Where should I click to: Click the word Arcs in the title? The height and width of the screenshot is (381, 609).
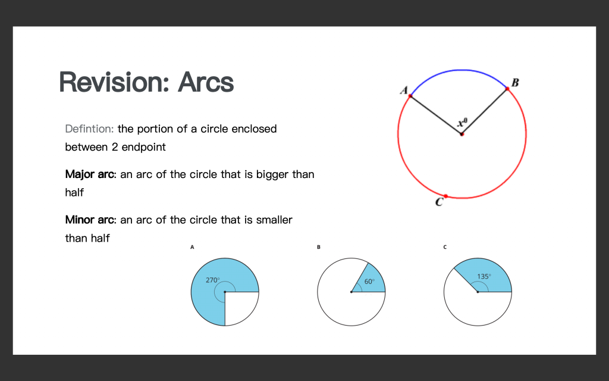(x=206, y=82)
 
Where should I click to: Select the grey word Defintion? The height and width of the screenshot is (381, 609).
(x=89, y=129)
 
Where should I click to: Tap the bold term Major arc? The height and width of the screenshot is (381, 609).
(x=90, y=174)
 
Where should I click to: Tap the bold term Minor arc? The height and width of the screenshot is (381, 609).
(x=90, y=220)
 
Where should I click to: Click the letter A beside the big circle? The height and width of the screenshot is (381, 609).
(x=404, y=90)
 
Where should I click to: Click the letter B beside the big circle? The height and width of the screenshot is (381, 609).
(x=515, y=82)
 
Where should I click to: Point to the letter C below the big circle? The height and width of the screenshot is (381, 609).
(x=439, y=202)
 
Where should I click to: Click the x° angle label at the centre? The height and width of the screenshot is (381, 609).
(x=462, y=123)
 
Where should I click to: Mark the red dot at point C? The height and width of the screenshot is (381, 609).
(x=445, y=196)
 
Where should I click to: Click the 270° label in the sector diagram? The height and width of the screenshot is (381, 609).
(x=212, y=280)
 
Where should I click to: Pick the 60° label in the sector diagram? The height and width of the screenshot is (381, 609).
(x=369, y=282)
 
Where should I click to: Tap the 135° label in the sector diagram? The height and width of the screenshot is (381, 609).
(x=484, y=276)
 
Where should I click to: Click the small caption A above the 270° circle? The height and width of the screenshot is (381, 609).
(x=192, y=247)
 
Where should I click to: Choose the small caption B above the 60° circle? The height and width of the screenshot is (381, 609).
(x=319, y=247)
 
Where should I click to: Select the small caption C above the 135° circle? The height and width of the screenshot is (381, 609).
(x=445, y=247)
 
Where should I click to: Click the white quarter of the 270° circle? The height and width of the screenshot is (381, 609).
(x=239, y=305)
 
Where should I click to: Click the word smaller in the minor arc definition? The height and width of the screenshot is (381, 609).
(x=274, y=220)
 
